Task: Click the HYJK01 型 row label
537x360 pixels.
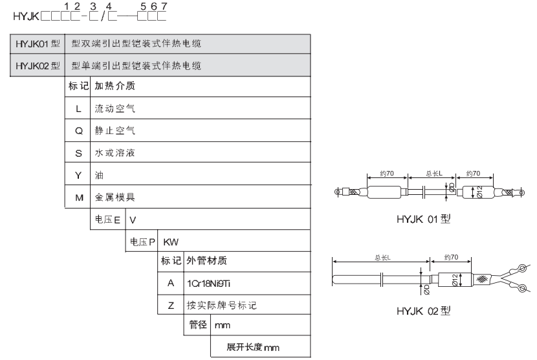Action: pyautogui.click(x=38, y=44)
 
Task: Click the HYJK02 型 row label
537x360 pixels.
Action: pyautogui.click(x=38, y=65)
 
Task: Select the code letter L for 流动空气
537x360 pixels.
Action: pyautogui.click(x=78, y=109)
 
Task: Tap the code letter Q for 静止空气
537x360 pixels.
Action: pyautogui.click(x=79, y=131)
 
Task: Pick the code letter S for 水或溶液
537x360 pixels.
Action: pyautogui.click(x=78, y=153)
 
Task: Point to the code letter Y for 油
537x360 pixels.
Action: pyautogui.click(x=78, y=175)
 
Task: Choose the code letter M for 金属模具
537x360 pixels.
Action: pyautogui.click(x=79, y=198)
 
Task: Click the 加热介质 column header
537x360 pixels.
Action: pyautogui.click(x=115, y=85)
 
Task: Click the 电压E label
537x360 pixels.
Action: pyautogui.click(x=107, y=219)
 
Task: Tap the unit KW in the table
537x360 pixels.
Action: pyautogui.click(x=171, y=242)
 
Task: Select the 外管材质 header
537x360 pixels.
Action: pyautogui.click(x=206, y=260)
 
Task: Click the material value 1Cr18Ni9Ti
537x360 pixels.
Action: pyautogui.click(x=208, y=284)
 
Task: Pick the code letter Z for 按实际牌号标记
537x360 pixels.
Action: pyautogui.click(x=171, y=305)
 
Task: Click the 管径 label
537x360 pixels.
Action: pyautogui.click(x=197, y=324)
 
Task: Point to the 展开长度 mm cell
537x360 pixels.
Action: pyautogui.click(x=253, y=347)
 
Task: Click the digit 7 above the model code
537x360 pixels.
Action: pyautogui.click(x=164, y=6)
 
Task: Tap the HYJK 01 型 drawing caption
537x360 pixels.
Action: pyautogui.click(x=423, y=219)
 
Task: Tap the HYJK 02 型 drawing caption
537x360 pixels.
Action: pyautogui.click(x=423, y=311)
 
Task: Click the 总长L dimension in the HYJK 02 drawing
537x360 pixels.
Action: pyautogui.click(x=382, y=258)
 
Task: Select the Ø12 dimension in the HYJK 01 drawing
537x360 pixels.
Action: pyautogui.click(x=479, y=192)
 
